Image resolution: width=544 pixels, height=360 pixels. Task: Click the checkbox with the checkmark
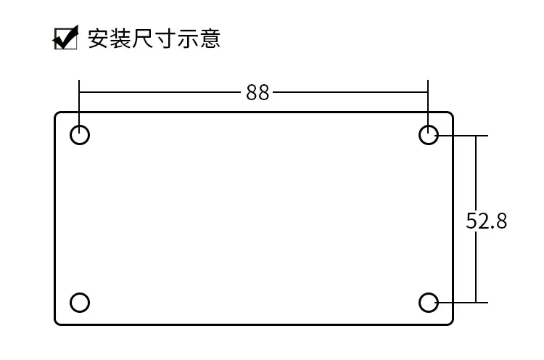coord(66,38)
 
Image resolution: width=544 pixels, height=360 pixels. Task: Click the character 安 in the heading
coord(98,38)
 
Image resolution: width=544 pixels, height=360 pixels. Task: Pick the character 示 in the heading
coord(188,38)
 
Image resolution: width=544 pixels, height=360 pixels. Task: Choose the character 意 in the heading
coord(210,38)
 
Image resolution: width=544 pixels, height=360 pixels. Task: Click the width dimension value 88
coord(257,93)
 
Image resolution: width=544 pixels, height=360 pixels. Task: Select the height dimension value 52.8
coord(487,221)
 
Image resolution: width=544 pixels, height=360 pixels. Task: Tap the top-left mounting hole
coord(80,134)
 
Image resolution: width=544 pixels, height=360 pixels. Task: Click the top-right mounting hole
coord(429,134)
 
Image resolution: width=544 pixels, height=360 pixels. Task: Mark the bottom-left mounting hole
coord(80,302)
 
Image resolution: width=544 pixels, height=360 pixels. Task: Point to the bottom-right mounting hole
coord(429,302)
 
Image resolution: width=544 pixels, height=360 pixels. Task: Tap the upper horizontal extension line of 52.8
coord(464,135)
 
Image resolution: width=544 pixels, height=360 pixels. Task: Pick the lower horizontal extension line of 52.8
coord(464,302)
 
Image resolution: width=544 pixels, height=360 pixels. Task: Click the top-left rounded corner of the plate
coord(57,114)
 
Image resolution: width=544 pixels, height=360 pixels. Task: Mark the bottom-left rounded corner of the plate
coord(57,322)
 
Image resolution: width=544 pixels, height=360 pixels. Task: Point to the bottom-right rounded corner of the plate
coord(450,322)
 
